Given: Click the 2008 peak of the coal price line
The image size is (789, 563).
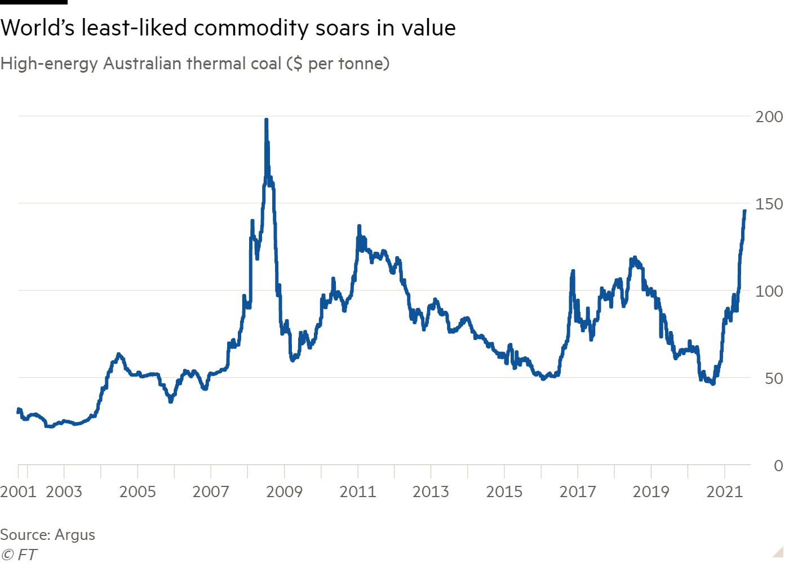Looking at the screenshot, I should point(266,120).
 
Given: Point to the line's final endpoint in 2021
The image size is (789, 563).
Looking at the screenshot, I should point(744,211).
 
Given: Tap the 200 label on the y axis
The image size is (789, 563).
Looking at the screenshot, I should point(769,117).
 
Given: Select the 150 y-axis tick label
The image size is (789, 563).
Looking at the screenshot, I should point(769,204).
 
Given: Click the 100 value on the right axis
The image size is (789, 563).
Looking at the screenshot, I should point(769,291).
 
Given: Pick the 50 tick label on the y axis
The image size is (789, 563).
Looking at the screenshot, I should point(774,378).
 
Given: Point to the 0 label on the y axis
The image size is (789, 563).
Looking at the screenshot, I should point(778,466).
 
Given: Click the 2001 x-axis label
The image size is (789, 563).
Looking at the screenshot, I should point(18,491).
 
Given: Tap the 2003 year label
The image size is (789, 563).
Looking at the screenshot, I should point(64,491).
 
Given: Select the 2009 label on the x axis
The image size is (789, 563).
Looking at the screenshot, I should point(284,491).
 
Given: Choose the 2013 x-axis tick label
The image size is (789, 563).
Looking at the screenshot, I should point(431,491).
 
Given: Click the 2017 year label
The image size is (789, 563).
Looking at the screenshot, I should point(577,491).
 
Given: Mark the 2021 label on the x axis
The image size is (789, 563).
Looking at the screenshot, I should point(725,491).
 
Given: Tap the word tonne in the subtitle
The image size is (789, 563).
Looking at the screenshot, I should point(359,64).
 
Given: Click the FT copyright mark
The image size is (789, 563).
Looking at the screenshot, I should point(19,555).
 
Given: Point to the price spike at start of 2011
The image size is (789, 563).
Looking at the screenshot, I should point(358,226).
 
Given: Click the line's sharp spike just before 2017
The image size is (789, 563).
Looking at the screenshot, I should point(573,271).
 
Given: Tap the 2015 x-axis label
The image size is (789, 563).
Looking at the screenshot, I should point(504,491).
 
